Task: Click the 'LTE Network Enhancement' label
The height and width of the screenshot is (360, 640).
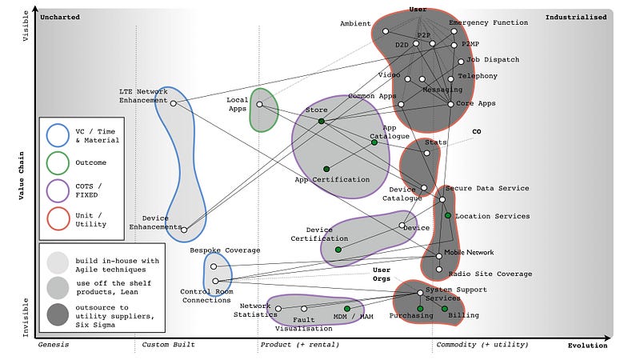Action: pos(143,95)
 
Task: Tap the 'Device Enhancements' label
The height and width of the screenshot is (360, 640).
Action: pos(157,222)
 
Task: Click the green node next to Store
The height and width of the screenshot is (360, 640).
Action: pos(321,121)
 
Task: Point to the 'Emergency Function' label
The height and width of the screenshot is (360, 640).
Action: pos(488,23)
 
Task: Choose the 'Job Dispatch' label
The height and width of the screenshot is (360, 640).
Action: pos(493,60)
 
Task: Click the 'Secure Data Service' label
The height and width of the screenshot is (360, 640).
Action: pos(487,188)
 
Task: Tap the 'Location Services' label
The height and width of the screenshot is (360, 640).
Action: pos(492,216)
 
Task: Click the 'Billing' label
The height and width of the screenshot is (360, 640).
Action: pos(464,315)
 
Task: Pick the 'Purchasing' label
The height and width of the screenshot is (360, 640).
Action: pos(411,315)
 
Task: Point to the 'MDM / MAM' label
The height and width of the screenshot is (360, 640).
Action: pos(354,317)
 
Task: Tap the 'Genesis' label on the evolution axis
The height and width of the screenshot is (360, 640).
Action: pos(54,345)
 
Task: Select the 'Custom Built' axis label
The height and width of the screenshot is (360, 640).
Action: pos(169,345)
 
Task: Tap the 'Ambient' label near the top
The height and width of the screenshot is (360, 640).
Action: pos(355,23)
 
